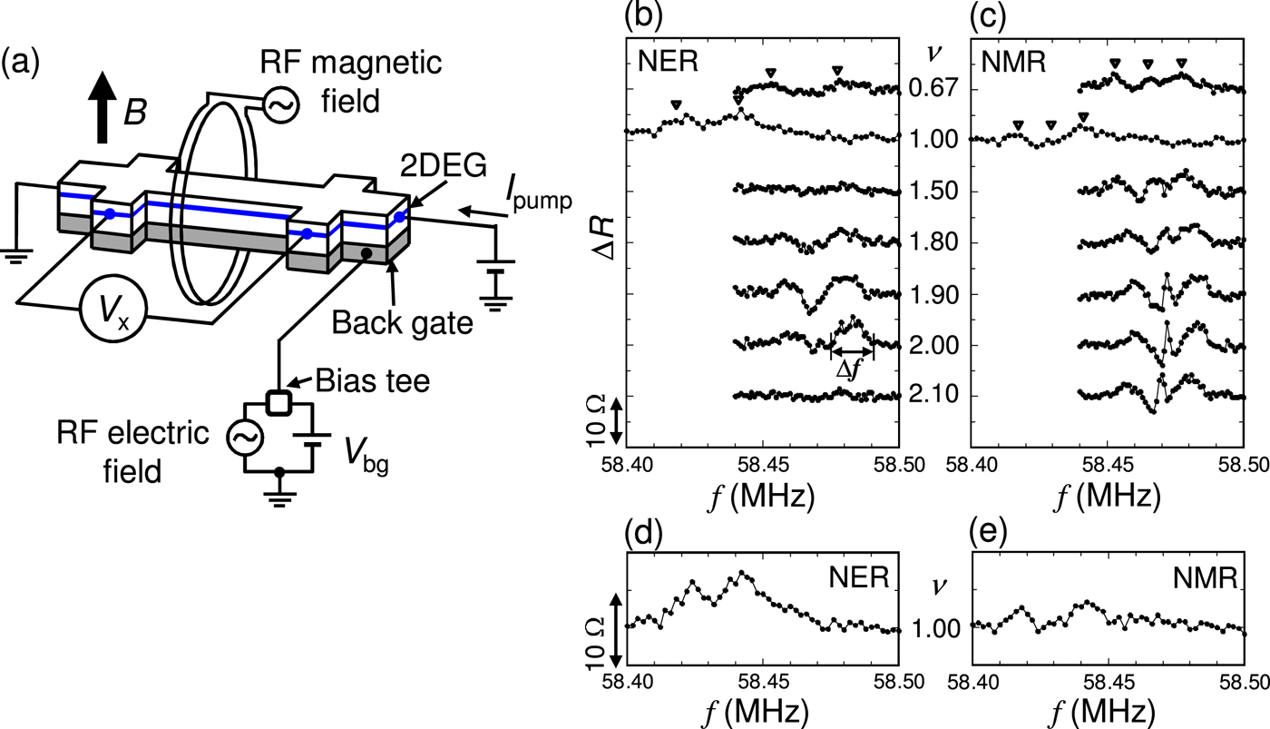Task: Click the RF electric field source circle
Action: (244, 438)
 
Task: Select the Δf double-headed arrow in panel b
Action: (852, 351)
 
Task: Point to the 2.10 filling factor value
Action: (933, 397)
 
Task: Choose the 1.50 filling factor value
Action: (933, 192)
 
